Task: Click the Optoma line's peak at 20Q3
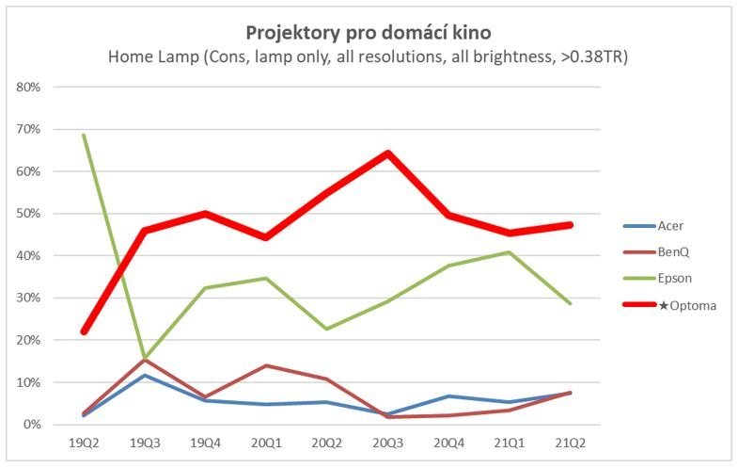387,153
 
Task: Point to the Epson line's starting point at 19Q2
84,135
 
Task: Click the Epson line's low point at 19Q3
144,358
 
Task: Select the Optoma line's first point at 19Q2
84,331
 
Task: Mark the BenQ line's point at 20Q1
266,365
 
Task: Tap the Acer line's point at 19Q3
144,376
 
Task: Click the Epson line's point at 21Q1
510,252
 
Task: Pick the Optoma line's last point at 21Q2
570,225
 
